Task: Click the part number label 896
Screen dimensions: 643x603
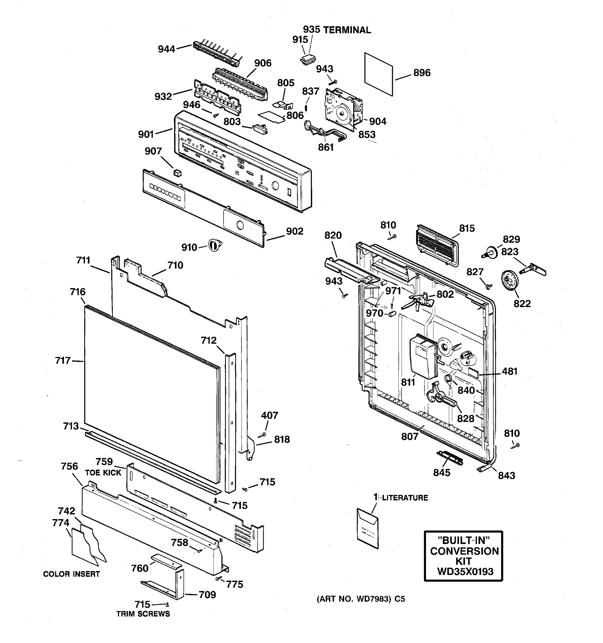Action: click(422, 73)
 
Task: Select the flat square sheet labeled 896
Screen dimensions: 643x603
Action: click(378, 74)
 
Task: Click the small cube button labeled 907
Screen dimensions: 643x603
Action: click(177, 173)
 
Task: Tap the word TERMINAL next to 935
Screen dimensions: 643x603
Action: click(347, 30)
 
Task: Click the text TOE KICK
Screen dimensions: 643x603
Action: click(103, 473)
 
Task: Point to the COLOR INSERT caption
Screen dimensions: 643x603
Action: click(72, 574)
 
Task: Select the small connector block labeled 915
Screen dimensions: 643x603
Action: click(308, 60)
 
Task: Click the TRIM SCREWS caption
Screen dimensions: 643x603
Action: click(143, 614)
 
